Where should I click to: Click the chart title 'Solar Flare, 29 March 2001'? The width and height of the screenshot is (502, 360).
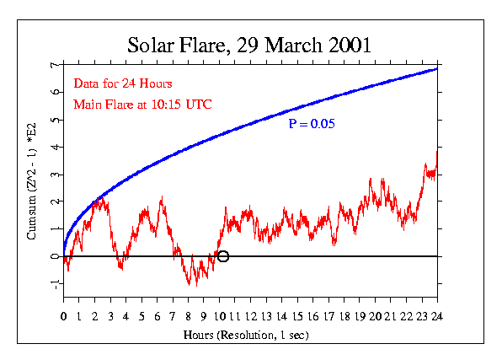(249, 44)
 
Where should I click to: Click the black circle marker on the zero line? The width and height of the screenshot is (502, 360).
(223, 256)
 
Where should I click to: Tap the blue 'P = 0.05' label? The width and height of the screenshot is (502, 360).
(312, 124)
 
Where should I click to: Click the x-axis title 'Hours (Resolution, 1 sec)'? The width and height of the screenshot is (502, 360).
(250, 335)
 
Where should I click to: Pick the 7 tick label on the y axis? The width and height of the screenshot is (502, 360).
(53, 65)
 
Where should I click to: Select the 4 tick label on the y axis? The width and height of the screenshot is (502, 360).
(53, 147)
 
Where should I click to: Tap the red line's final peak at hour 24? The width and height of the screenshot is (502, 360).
(436, 150)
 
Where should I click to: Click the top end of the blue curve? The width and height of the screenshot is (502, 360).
(436, 68)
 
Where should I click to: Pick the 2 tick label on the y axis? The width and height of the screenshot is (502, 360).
(53, 201)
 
